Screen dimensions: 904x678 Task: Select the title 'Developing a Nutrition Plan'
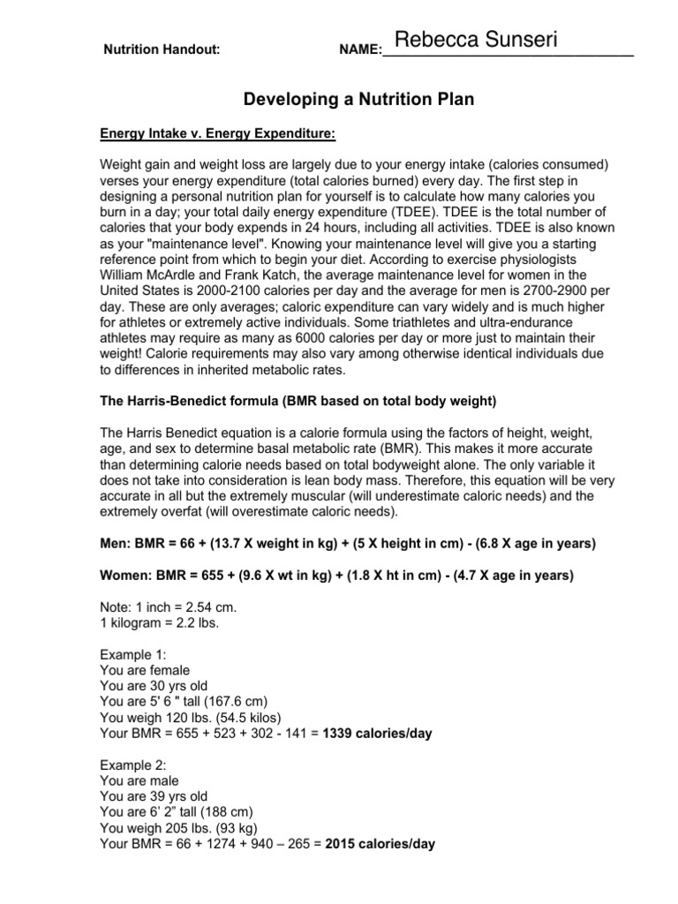click(x=358, y=100)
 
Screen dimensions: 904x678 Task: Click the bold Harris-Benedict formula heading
click(x=299, y=401)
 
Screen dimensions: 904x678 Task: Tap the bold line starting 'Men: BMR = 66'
click(x=335, y=543)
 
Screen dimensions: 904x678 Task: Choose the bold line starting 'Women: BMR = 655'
click(x=338, y=576)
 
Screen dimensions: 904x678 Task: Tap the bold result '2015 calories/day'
click(x=380, y=844)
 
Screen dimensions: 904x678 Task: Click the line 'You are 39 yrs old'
click(x=158, y=796)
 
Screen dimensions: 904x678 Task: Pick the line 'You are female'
click(x=146, y=670)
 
